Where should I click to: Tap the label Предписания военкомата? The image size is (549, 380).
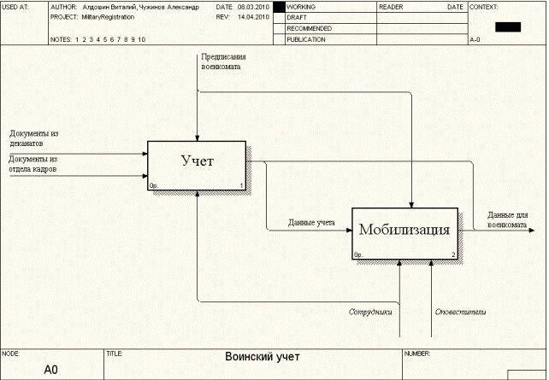215,61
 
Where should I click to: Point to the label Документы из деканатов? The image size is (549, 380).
34,138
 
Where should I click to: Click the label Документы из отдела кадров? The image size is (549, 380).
33,164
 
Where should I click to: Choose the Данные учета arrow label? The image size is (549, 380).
311,223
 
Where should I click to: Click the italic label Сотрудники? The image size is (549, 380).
370,312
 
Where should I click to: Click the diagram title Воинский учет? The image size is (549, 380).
263,357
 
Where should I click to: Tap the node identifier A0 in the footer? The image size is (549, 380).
50,370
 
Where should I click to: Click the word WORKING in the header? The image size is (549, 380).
301,6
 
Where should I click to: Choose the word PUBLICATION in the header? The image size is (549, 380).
306,39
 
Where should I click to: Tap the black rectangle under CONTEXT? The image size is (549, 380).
507,26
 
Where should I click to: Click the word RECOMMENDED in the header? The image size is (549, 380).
310,28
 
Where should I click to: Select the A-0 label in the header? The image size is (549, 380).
476,39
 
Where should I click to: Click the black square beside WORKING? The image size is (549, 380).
278,6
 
